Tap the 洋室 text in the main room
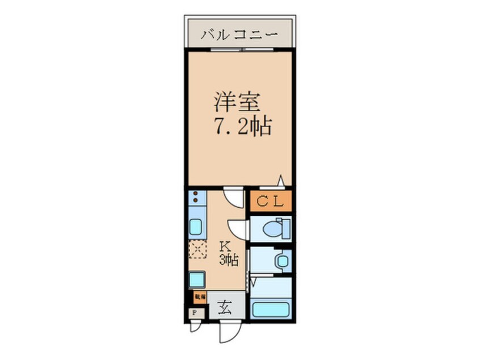pyautogui.click(x=237, y=102)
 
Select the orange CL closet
pyautogui.click(x=271, y=201)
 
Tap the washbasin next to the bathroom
pyautogui.click(x=280, y=261)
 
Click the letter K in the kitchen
pyautogui.click(x=225, y=246)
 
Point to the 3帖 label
pyautogui.click(x=228, y=261)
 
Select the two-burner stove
pyautogui.click(x=196, y=199)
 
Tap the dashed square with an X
pyautogui.click(x=197, y=249)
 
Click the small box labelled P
pyautogui.click(x=193, y=313)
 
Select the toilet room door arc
pyautogui.click(x=238, y=228)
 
